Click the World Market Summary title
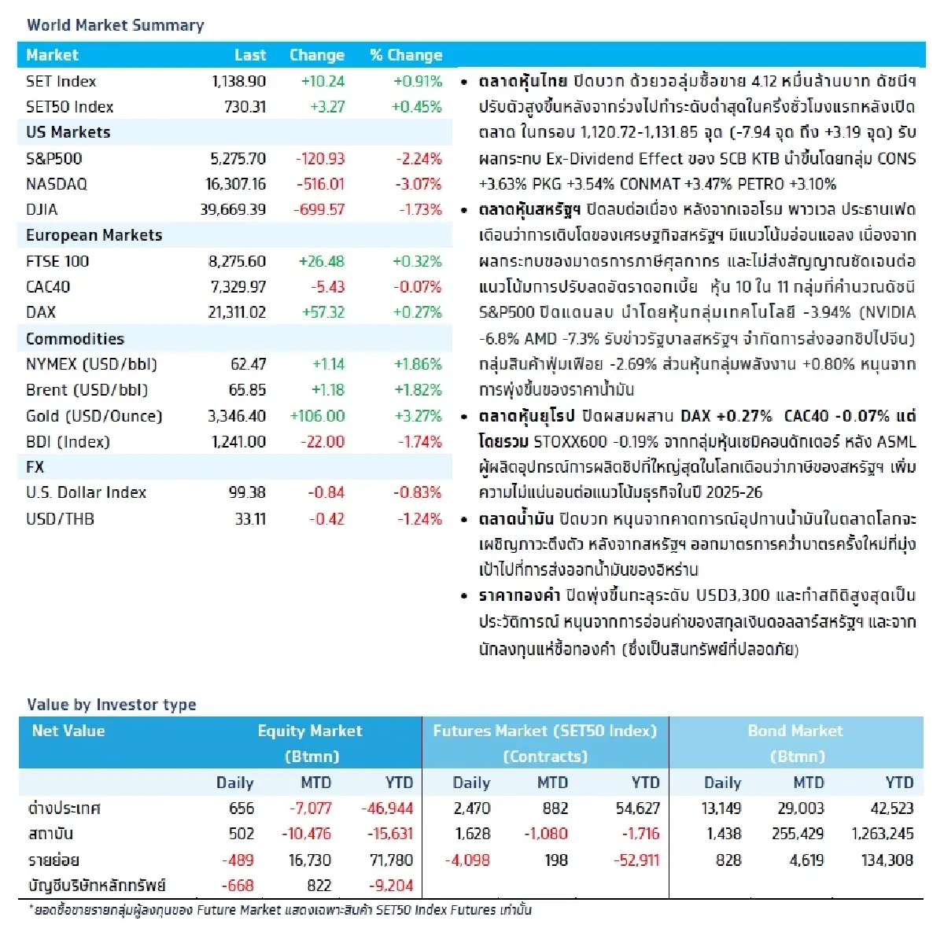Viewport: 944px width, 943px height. click(116, 25)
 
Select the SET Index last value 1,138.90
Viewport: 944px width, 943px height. click(238, 81)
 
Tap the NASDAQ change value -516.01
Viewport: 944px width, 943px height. click(319, 184)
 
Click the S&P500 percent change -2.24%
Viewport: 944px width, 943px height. click(419, 158)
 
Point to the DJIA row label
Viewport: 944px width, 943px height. click(42, 209)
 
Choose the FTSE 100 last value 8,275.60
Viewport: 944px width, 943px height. click(237, 261)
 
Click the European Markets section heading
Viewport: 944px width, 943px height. click(94, 235)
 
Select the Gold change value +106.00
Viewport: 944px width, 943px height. click(317, 416)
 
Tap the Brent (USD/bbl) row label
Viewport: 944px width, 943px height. click(87, 390)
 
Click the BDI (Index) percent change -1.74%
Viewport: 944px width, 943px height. click(419, 442)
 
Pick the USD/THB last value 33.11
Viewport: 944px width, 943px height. click(250, 519)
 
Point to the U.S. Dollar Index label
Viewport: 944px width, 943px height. click(86, 492)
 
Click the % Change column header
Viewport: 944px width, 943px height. click(406, 55)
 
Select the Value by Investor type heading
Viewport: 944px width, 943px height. click(112, 705)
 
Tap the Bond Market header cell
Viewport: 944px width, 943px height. click(795, 742)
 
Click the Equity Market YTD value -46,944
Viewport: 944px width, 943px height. click(387, 809)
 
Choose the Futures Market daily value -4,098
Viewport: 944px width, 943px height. click(467, 860)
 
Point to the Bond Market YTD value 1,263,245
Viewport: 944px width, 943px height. click(882, 834)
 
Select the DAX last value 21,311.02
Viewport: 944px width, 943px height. click(237, 312)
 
